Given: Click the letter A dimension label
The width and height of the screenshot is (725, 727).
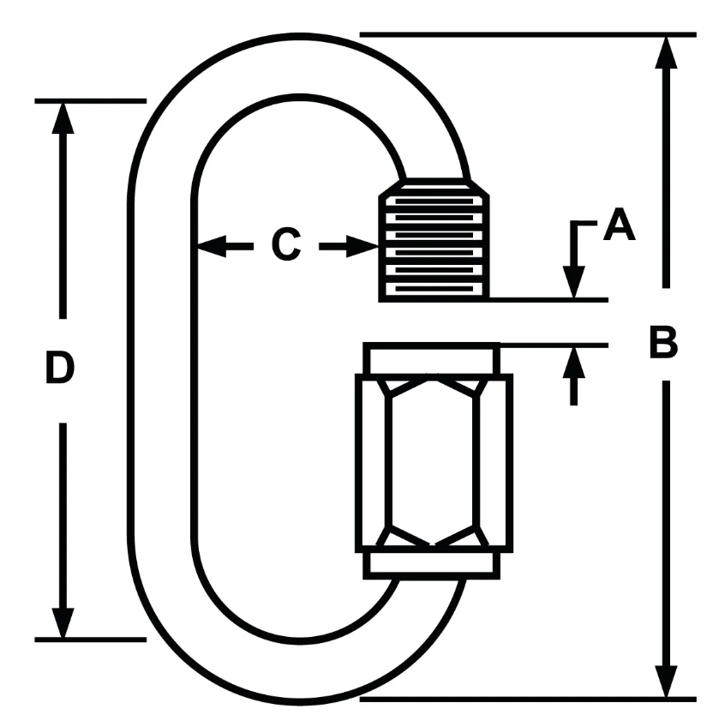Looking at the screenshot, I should pos(619,226).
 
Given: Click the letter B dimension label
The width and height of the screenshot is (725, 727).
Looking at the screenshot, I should pos(662,342).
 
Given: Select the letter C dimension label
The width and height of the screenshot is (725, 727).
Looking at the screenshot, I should pos(285,246).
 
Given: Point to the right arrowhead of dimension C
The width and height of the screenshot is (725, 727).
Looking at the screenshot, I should pos(364,247).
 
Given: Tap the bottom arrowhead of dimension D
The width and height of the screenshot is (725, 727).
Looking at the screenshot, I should pos(62,622).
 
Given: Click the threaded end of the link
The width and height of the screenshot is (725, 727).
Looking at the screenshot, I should pos(434,241).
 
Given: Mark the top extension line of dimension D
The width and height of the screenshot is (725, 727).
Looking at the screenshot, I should pos(90,100).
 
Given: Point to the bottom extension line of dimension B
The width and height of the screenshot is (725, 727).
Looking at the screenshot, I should pos(527,699).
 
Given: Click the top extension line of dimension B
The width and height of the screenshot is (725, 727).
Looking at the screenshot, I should pos(527,35).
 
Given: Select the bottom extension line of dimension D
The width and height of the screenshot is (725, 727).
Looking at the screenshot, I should pos(90,640).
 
